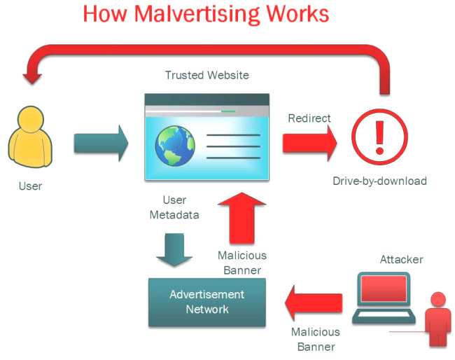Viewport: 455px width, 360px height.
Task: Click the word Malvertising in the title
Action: point(197,15)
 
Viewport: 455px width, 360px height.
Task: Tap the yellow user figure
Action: point(30,137)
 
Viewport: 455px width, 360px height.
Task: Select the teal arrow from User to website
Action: point(101,143)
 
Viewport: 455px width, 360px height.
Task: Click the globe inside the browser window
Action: point(175,146)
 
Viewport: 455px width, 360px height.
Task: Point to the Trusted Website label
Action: point(207,75)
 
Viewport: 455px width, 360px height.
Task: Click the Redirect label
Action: point(309,118)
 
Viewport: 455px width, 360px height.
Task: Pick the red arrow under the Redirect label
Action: point(310,143)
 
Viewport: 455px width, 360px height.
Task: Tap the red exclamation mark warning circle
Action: point(379,137)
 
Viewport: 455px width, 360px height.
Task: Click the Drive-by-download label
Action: point(379,181)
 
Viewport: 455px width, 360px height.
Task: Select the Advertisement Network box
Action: point(207,303)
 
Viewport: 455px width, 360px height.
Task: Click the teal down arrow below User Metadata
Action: point(174,249)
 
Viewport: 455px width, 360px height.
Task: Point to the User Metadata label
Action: point(174,207)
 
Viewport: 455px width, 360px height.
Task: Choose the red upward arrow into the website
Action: point(241,218)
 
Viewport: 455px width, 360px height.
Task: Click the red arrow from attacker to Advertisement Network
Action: point(314,303)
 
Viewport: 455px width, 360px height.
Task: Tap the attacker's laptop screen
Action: point(384,289)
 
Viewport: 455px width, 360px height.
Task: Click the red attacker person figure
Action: point(438,319)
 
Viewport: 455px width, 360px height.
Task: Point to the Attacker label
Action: point(401,260)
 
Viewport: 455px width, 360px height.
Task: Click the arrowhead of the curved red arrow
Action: point(32,78)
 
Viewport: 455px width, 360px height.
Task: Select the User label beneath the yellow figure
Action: point(30,186)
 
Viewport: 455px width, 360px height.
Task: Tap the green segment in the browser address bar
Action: point(228,111)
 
